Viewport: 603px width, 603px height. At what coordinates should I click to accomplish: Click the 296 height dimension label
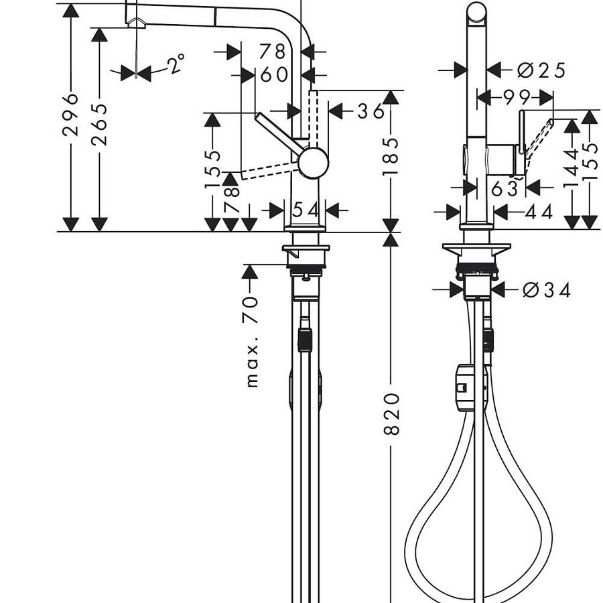70,115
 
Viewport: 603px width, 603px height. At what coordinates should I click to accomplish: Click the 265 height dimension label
99,125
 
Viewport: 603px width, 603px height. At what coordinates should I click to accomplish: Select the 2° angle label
176,64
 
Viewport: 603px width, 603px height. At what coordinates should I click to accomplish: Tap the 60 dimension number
274,74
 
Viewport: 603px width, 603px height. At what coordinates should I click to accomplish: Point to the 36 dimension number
371,111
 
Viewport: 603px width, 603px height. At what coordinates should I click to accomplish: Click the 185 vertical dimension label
391,157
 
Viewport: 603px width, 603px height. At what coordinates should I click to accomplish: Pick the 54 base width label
306,210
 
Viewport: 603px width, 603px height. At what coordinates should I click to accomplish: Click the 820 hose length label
391,414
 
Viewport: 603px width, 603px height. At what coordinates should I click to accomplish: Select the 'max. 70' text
251,341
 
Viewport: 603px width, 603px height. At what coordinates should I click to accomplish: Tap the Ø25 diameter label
541,70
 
